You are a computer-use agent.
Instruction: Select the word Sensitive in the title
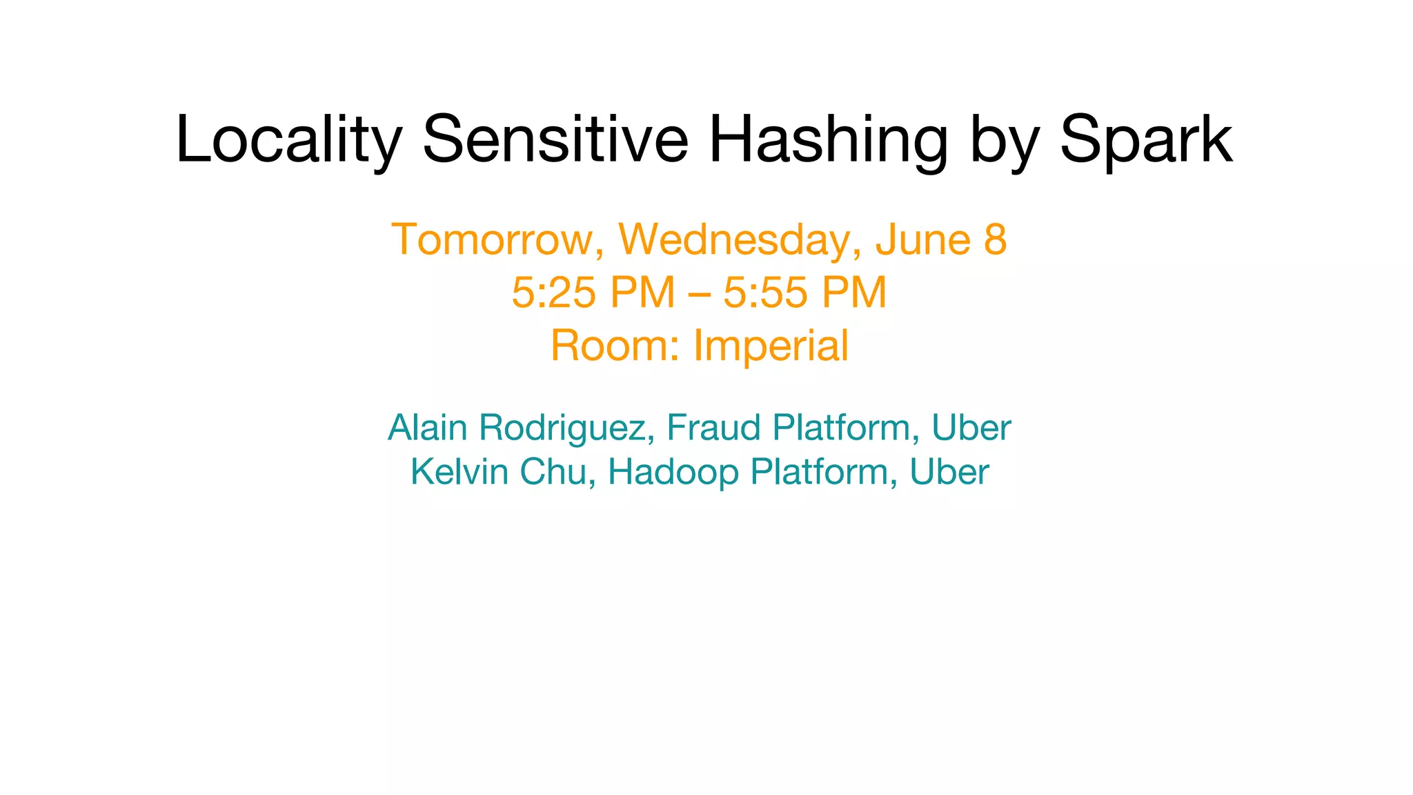coord(555,139)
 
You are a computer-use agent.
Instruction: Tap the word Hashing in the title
coord(829,141)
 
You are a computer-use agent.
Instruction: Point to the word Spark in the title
coord(1146,139)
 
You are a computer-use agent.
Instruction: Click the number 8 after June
coord(995,239)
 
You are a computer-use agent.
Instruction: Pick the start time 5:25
coord(553,292)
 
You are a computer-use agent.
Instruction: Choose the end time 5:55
coord(765,292)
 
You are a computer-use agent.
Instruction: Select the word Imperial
coord(771,346)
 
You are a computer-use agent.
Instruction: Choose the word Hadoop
coord(673,473)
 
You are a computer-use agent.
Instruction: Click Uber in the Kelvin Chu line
coord(949,472)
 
